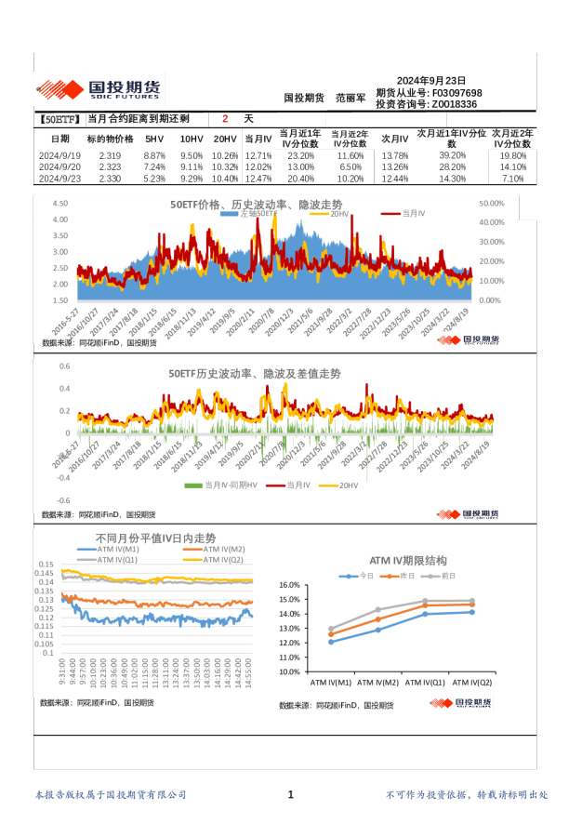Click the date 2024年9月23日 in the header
click(x=430, y=81)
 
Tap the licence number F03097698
click(x=456, y=93)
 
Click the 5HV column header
click(x=155, y=139)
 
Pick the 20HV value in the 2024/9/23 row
click(x=225, y=179)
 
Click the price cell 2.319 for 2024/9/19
click(x=110, y=155)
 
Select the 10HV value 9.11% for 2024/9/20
click(x=192, y=167)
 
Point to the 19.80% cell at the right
click(x=513, y=155)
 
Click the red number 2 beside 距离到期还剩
click(x=224, y=119)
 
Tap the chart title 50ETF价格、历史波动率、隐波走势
click(x=256, y=204)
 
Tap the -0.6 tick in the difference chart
click(x=65, y=500)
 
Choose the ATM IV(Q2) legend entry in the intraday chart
click(x=222, y=560)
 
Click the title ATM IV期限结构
click(x=408, y=561)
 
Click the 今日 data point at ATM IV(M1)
click(x=331, y=642)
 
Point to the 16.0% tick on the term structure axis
click(x=288, y=585)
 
